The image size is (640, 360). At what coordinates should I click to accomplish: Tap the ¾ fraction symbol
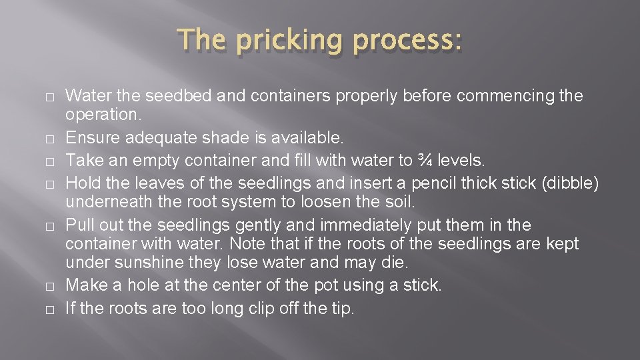tap(425, 160)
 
